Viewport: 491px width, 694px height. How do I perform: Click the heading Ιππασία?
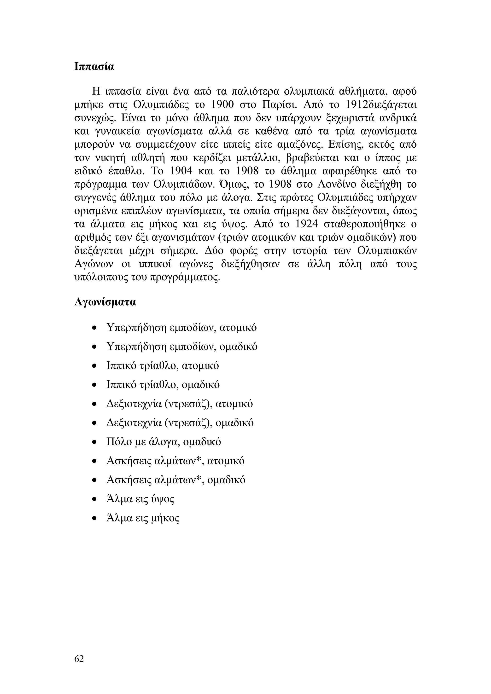(94, 66)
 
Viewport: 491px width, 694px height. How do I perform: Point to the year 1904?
(181, 171)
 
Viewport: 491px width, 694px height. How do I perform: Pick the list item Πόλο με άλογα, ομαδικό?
(164, 442)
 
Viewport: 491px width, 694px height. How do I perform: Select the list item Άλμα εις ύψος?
(140, 499)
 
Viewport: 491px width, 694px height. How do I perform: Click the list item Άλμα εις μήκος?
(143, 518)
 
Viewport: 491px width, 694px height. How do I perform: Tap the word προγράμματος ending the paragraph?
(185, 278)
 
